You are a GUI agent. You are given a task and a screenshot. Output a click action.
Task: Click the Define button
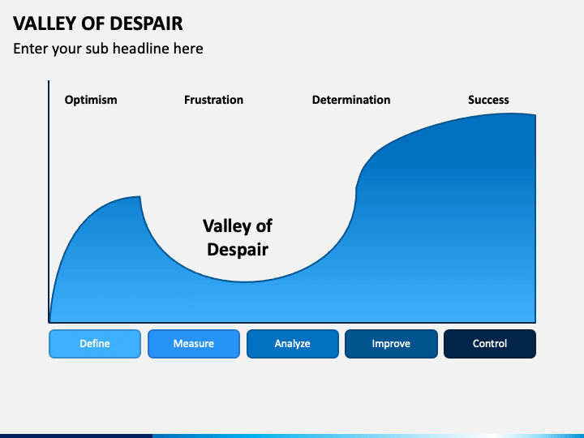(x=95, y=344)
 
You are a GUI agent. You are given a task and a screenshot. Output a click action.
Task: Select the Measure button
(x=194, y=344)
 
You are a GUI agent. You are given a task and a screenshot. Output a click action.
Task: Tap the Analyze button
(x=292, y=344)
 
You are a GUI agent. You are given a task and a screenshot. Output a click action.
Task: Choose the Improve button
(x=391, y=344)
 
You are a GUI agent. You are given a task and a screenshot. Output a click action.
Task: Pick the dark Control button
(x=490, y=344)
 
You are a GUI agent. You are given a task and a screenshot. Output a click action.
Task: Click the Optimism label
(x=91, y=100)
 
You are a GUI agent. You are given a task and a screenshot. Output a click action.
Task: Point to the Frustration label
(x=213, y=100)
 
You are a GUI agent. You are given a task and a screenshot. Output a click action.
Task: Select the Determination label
(x=351, y=100)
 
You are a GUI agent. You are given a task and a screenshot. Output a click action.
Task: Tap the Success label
(x=488, y=100)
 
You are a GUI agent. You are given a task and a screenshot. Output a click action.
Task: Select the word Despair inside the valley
(x=238, y=249)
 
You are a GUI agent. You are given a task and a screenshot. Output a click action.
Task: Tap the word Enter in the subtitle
(x=31, y=49)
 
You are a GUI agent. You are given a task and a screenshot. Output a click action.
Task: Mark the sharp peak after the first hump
(x=140, y=197)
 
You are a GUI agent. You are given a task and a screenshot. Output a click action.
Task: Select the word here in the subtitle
(x=187, y=49)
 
